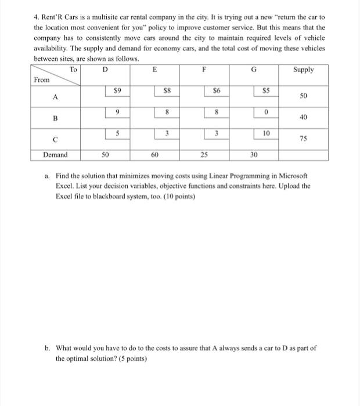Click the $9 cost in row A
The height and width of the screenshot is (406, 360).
coord(117,90)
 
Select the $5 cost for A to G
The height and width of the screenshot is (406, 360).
coord(265,90)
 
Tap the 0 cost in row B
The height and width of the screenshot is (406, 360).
coord(265,112)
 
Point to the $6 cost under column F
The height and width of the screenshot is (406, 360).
coord(215,90)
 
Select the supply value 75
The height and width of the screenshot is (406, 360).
coord(304,139)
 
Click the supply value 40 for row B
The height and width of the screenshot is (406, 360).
coord(304,118)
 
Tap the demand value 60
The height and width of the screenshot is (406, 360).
coord(154,155)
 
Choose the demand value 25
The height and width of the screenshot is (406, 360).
coord(204,155)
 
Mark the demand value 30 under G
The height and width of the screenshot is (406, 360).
coord(253,155)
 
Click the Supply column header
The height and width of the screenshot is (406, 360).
coord(303,70)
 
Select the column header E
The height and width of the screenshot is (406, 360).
coord(154,70)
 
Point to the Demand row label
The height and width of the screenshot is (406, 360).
coord(56,155)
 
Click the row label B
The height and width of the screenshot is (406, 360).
coord(55,118)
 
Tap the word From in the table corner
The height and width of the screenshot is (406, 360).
coord(41,79)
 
